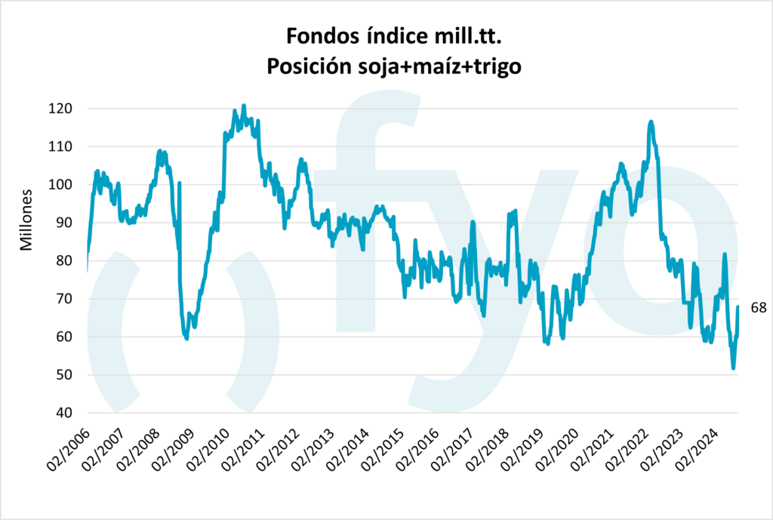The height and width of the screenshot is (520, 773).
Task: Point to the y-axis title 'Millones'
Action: click(x=26, y=220)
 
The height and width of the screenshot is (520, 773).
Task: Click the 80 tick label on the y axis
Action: click(x=66, y=261)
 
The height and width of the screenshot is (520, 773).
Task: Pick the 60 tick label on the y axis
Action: click(x=66, y=337)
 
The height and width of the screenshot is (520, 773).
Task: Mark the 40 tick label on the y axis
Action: click(x=66, y=413)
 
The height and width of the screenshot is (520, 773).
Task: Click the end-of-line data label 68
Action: click(x=758, y=307)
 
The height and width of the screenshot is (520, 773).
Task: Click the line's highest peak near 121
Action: click(x=244, y=106)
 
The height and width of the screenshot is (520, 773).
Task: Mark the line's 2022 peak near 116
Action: click(x=651, y=122)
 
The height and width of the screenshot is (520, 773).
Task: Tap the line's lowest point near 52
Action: click(x=733, y=368)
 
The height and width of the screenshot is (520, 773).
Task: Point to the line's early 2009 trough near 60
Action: click(x=186, y=338)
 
